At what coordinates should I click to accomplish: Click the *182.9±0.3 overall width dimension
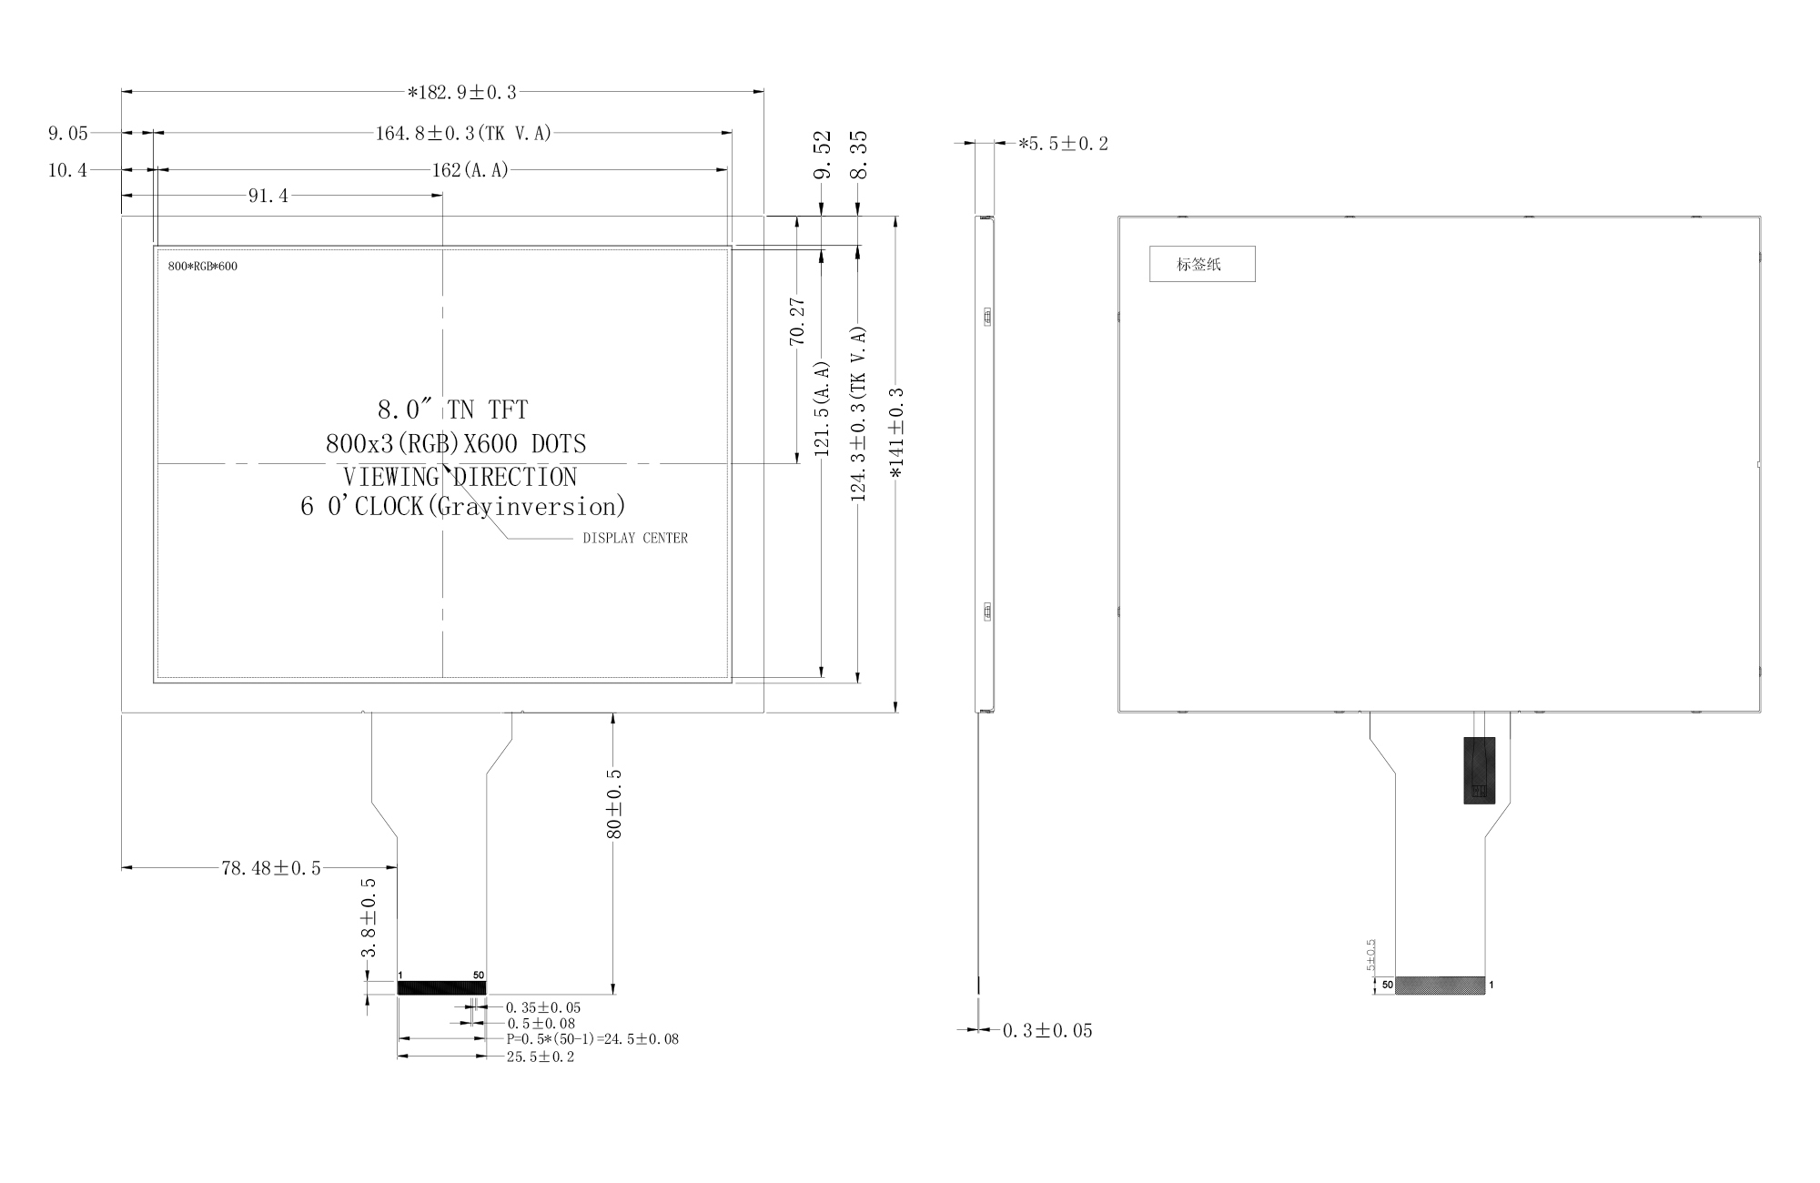pos(462,92)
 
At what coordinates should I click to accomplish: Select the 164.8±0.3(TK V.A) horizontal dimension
pos(464,133)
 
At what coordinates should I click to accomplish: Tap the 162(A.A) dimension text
pos(470,170)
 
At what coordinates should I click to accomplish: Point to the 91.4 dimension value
pos(268,196)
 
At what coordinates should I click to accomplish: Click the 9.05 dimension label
pos(68,134)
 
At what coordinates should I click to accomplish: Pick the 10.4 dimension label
pos(68,170)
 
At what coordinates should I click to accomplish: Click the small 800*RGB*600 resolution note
pos(203,267)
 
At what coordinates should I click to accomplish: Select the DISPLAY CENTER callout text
pos(635,538)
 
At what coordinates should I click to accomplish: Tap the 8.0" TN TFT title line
pos(452,409)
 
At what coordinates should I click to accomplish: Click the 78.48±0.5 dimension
pos(271,868)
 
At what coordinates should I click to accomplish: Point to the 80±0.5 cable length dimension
pos(614,804)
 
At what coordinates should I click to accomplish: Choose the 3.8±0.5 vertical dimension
pos(369,918)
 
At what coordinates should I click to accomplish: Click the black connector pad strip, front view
pos(442,988)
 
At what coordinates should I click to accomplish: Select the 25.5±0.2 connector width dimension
pos(541,1057)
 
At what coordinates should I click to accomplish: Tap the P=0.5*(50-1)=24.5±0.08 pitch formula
pos(592,1038)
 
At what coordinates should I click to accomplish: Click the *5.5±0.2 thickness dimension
pos(1063,144)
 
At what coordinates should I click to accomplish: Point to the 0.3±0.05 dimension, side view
pos(1047,1030)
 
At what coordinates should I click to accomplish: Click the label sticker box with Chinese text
pos(1202,264)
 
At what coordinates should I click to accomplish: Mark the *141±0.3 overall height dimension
pos(896,432)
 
